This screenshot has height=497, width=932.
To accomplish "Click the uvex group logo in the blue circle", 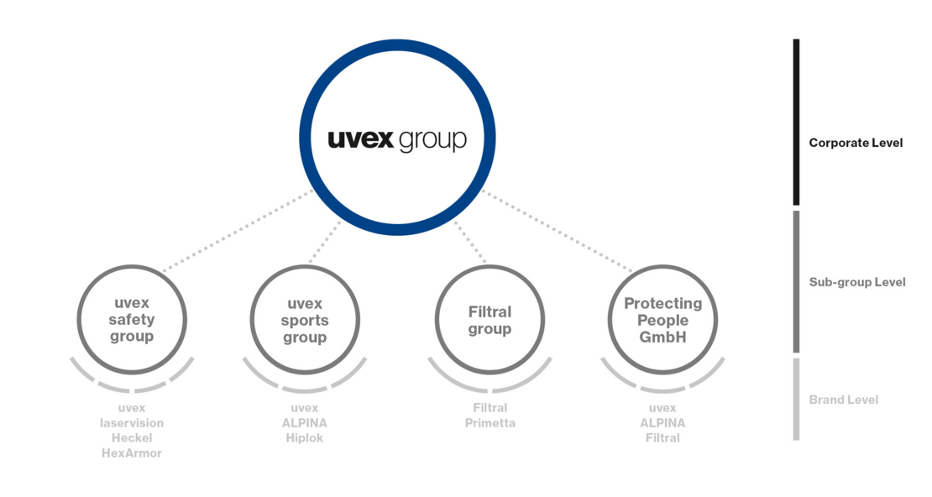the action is (397, 139).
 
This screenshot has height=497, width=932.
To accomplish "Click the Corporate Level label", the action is (856, 143).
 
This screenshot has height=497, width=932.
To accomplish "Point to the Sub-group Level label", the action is (857, 282).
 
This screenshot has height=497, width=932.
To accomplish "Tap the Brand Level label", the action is (844, 400).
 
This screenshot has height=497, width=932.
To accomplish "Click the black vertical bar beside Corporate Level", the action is (797, 123).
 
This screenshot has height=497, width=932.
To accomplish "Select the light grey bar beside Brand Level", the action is (797, 399).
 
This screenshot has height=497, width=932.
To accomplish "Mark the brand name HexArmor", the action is (132, 453).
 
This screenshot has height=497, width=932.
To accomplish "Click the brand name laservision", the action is (132, 423).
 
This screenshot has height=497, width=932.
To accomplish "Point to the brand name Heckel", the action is (132, 438).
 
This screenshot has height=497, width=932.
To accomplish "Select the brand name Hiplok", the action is (305, 438).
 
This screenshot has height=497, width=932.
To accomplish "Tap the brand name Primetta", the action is (490, 423).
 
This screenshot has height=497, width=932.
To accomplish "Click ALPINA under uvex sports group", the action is (305, 423).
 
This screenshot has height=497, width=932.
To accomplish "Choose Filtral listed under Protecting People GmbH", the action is (662, 438).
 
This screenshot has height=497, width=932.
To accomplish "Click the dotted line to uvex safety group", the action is (238, 231).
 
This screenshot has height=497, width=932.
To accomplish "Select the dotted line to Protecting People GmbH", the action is (557, 231).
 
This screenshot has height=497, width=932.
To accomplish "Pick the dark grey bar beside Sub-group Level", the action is (797, 282).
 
